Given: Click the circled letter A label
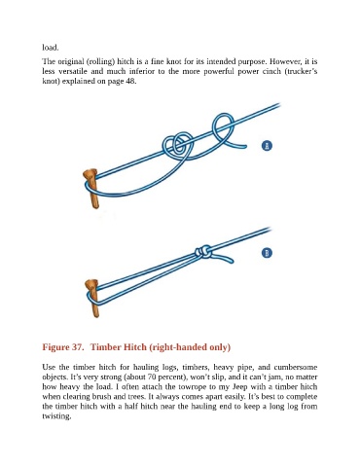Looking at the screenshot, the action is [x=267, y=146].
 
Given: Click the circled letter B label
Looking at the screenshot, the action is [x=267, y=253].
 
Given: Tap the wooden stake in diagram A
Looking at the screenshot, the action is [x=91, y=189].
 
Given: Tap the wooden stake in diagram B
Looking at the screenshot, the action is [x=92, y=298].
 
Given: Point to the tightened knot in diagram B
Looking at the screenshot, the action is [x=203, y=252].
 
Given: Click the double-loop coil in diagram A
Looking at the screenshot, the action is [x=177, y=145].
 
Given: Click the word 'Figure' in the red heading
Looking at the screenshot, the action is [x=55, y=347].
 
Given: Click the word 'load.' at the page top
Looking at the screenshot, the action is [x=51, y=48].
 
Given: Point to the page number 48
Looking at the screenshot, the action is [x=130, y=81].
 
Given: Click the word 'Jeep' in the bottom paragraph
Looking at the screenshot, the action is [x=240, y=387].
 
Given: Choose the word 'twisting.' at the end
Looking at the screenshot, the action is [x=56, y=416].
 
